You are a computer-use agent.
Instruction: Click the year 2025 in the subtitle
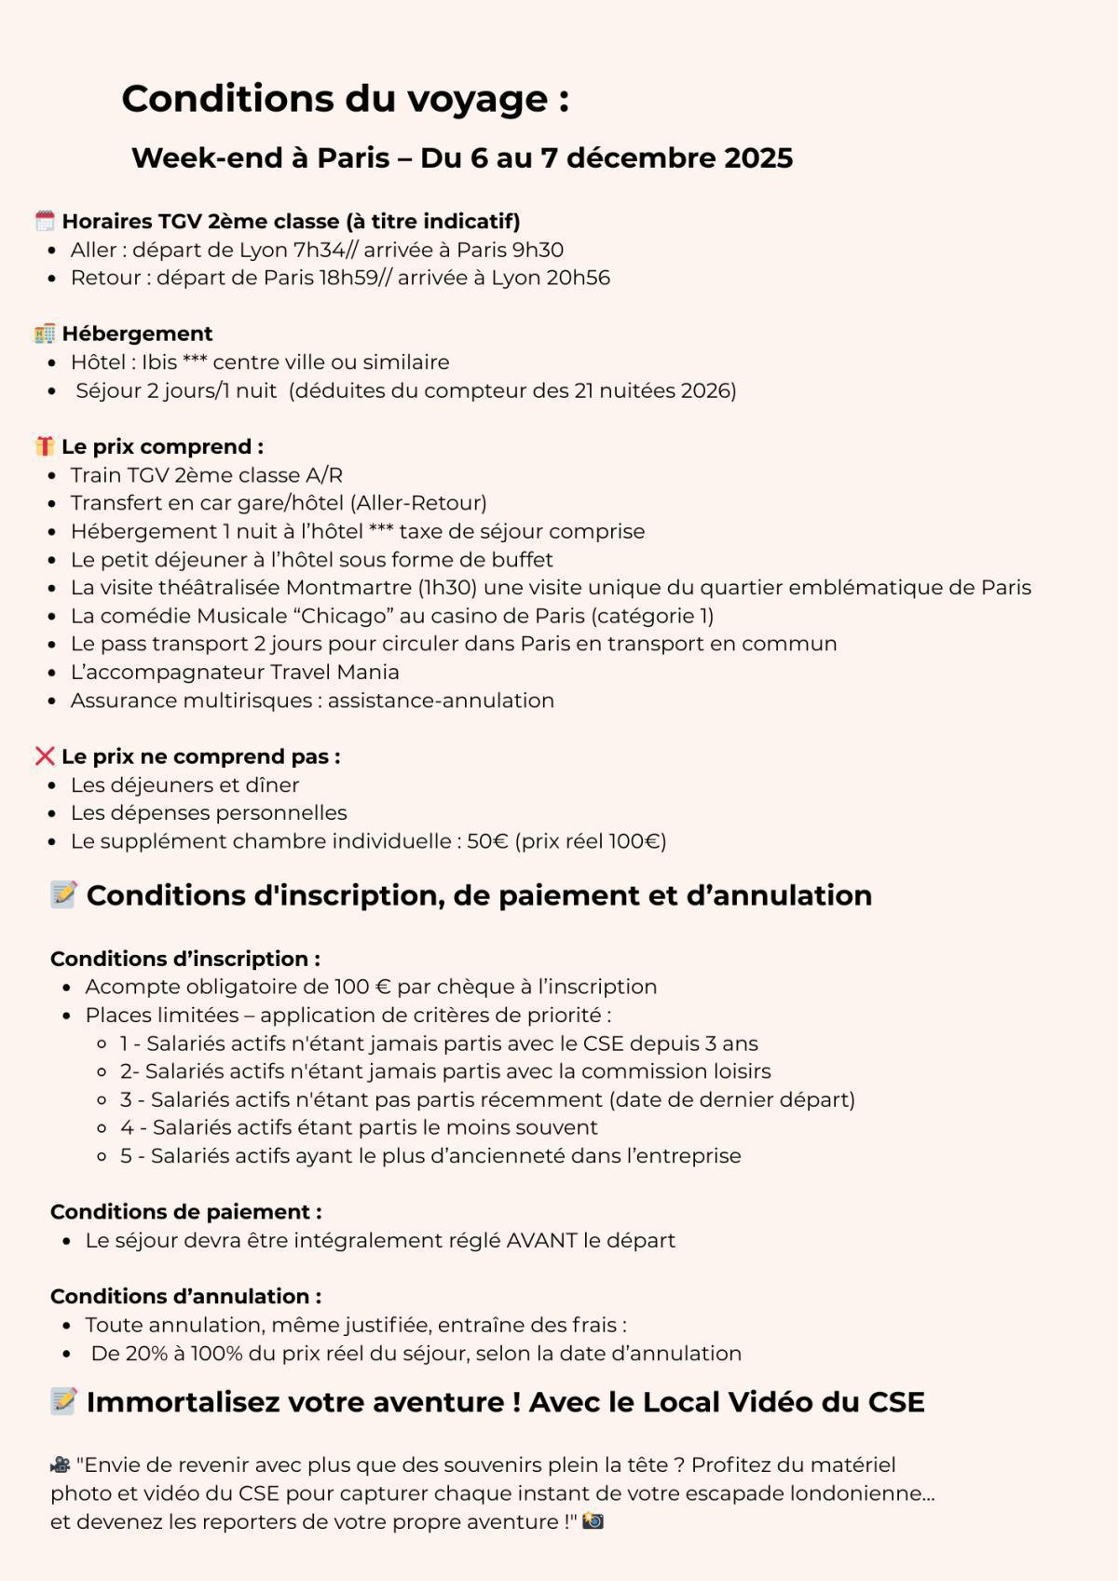(x=757, y=158)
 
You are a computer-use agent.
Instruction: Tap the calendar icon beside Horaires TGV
(x=45, y=222)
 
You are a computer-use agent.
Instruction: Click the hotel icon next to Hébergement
(x=45, y=334)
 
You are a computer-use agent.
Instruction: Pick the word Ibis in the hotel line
(x=159, y=362)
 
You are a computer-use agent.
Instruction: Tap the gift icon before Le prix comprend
(x=45, y=446)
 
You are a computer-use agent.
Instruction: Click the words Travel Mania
(x=334, y=672)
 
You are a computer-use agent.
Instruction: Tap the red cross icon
(x=45, y=756)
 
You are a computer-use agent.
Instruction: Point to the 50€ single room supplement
(x=487, y=841)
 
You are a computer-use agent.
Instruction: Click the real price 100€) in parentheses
(x=638, y=841)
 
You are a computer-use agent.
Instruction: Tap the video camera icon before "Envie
(x=61, y=1465)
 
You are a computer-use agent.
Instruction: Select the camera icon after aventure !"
(x=593, y=1521)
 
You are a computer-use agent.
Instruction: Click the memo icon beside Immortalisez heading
(x=63, y=1401)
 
